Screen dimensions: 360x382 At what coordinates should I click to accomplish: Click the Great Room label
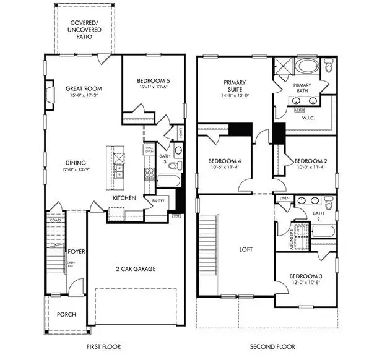pyautogui.click(x=84, y=88)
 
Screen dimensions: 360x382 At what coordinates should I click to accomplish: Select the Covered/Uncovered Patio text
pyautogui.click(x=84, y=29)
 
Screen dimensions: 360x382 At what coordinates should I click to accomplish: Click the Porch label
pyautogui.click(x=66, y=314)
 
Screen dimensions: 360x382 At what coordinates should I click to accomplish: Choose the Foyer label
pyautogui.click(x=76, y=252)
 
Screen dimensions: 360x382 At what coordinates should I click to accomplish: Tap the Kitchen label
pyautogui.click(x=124, y=198)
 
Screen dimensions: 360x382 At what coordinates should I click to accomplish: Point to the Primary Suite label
pyautogui.click(x=235, y=85)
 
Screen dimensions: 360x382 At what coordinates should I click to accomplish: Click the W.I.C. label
pyautogui.click(x=310, y=118)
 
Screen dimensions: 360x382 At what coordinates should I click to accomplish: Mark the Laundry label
pyautogui.click(x=290, y=237)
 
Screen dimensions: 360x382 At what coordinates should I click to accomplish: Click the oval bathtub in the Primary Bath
pyautogui.click(x=307, y=66)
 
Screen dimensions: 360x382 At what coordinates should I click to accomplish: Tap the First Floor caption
pyautogui.click(x=103, y=346)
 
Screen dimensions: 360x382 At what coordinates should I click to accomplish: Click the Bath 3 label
pyautogui.click(x=163, y=160)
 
